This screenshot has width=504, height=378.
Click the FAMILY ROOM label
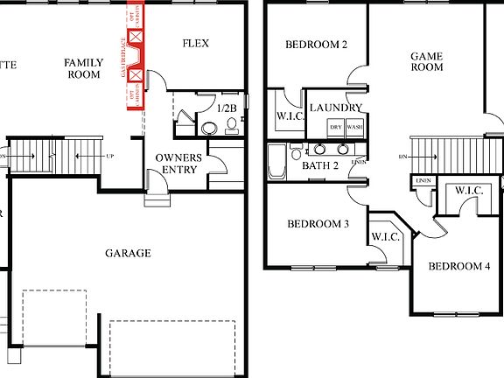(x=85, y=68)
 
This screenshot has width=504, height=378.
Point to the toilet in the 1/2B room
(x=231, y=126)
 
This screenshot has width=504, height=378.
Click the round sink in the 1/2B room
(x=210, y=129)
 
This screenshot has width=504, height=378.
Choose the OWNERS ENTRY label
(x=179, y=163)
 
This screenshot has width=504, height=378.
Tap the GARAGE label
(x=128, y=253)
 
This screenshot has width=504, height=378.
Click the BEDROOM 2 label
(x=317, y=45)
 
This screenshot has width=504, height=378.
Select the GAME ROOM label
(x=427, y=61)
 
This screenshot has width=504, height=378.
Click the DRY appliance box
(x=335, y=127)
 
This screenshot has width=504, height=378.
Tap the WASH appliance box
(x=354, y=127)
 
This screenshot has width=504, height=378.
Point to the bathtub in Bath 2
(x=276, y=163)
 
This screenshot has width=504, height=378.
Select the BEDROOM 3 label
(x=318, y=224)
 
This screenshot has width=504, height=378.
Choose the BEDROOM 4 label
(x=458, y=266)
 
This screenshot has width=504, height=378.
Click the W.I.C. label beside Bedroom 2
(x=288, y=115)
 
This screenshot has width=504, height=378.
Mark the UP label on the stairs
(x=109, y=156)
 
